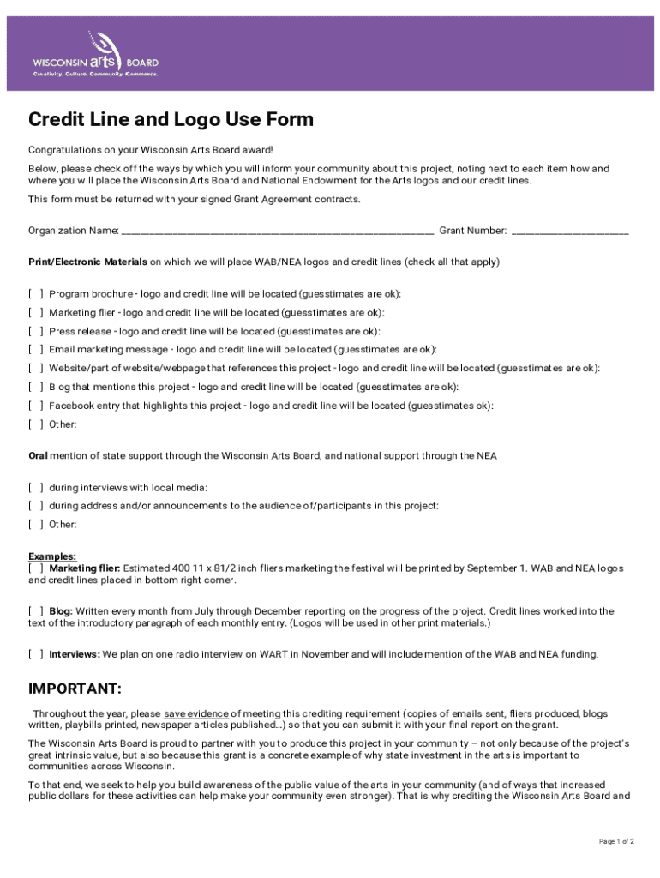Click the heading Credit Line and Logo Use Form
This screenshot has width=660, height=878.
171,119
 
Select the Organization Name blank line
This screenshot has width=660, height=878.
277,231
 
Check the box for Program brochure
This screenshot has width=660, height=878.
36,294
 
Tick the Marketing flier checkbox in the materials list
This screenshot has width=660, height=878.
36,313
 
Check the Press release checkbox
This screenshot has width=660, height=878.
36,332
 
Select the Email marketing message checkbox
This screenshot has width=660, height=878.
36,350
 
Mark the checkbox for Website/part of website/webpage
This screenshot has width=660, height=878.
36,369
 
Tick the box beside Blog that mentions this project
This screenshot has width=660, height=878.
36,388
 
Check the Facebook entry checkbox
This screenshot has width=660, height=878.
36,406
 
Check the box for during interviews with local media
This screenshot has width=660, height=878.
36,488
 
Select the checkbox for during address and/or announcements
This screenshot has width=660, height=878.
36,506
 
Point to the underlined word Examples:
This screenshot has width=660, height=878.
52,556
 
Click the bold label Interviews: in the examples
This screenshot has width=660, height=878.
74,654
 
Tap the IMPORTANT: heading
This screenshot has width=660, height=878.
75,689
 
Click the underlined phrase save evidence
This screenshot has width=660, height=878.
196,713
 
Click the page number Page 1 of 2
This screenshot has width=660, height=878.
616,841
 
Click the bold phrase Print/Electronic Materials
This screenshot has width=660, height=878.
87,262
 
